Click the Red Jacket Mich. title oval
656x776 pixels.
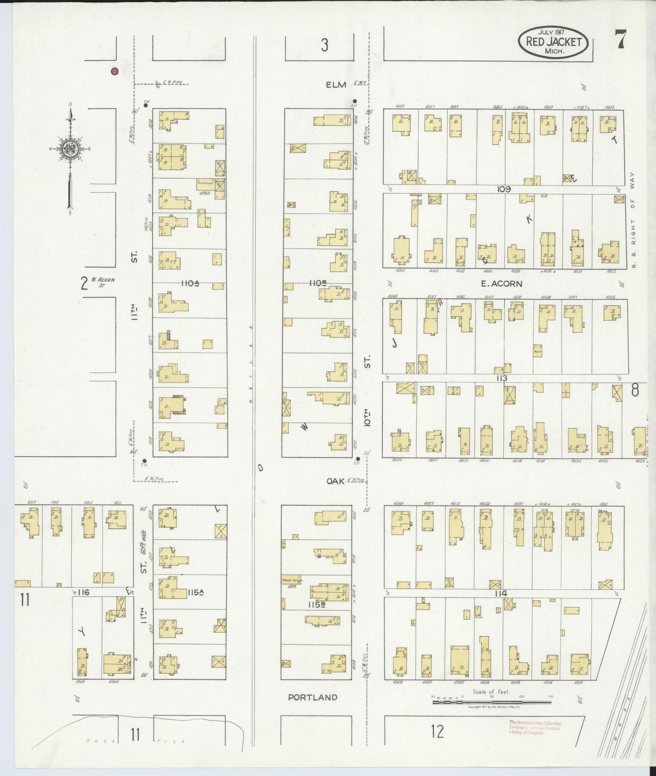(553, 42)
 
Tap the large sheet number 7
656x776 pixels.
(620, 39)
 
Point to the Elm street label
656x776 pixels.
(335, 84)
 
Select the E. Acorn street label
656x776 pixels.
(501, 284)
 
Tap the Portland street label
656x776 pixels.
(313, 697)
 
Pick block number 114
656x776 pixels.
(501, 594)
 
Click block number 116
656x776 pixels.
(83, 592)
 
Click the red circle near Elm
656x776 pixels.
(114, 71)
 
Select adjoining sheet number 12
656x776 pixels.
(437, 732)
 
